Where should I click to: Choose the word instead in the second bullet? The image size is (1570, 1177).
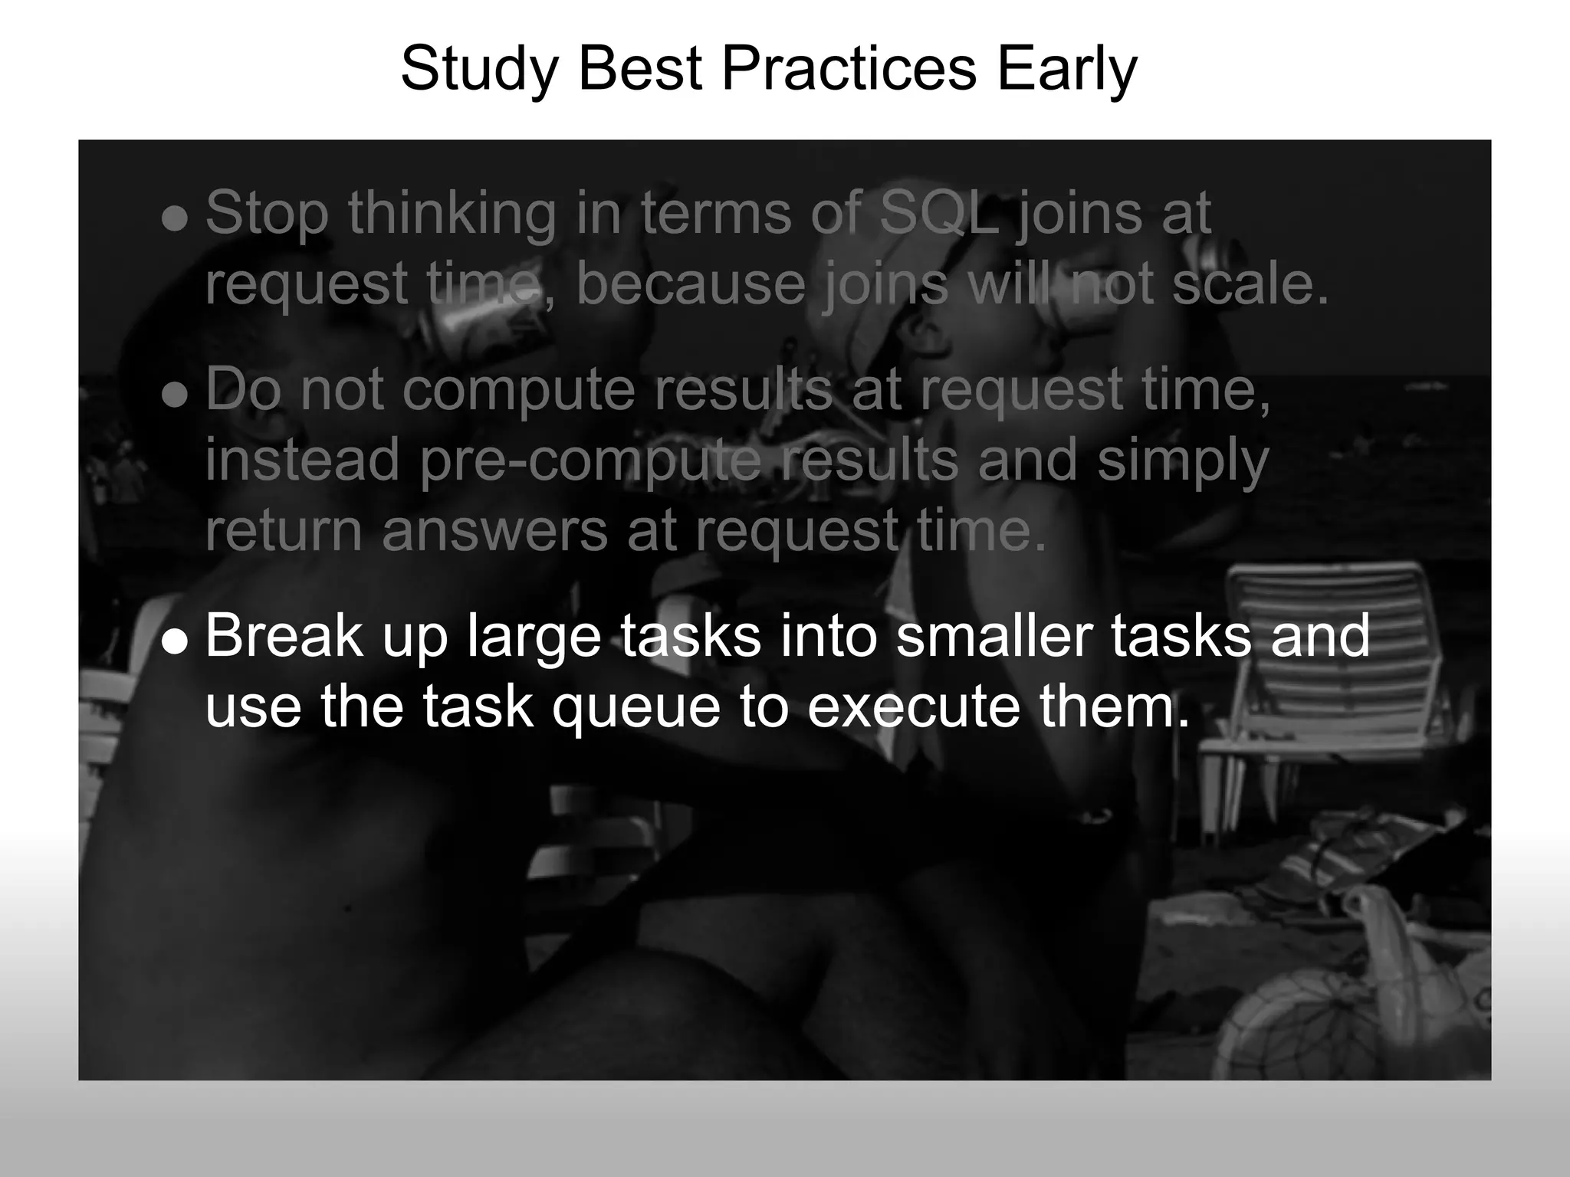[302, 460]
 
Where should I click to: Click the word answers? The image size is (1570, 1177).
[494, 530]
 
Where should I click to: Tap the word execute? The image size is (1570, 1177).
[914, 707]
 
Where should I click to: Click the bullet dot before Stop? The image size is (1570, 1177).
[176, 219]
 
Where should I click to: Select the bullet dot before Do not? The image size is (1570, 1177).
[176, 395]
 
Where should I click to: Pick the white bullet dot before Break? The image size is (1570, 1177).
[176, 642]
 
